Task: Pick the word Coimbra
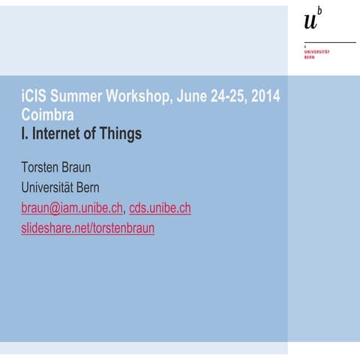(46, 115)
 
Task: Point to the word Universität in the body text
(51, 187)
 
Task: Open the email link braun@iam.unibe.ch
(71, 208)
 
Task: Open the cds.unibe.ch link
(160, 208)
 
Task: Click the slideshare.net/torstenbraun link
(88, 228)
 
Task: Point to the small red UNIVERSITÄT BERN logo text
(315, 53)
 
